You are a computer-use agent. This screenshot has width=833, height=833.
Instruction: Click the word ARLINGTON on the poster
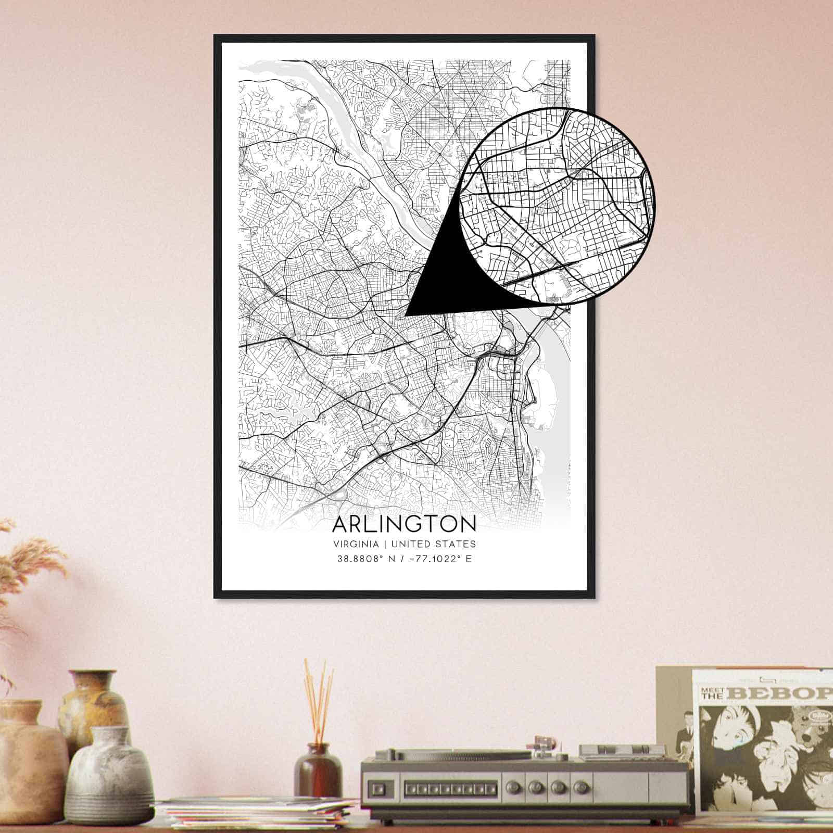coord(403,524)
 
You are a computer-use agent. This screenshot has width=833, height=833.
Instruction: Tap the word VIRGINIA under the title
coord(356,544)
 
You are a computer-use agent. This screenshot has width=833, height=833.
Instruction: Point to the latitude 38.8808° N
coord(365,559)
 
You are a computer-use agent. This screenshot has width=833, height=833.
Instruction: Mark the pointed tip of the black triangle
coord(406,315)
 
